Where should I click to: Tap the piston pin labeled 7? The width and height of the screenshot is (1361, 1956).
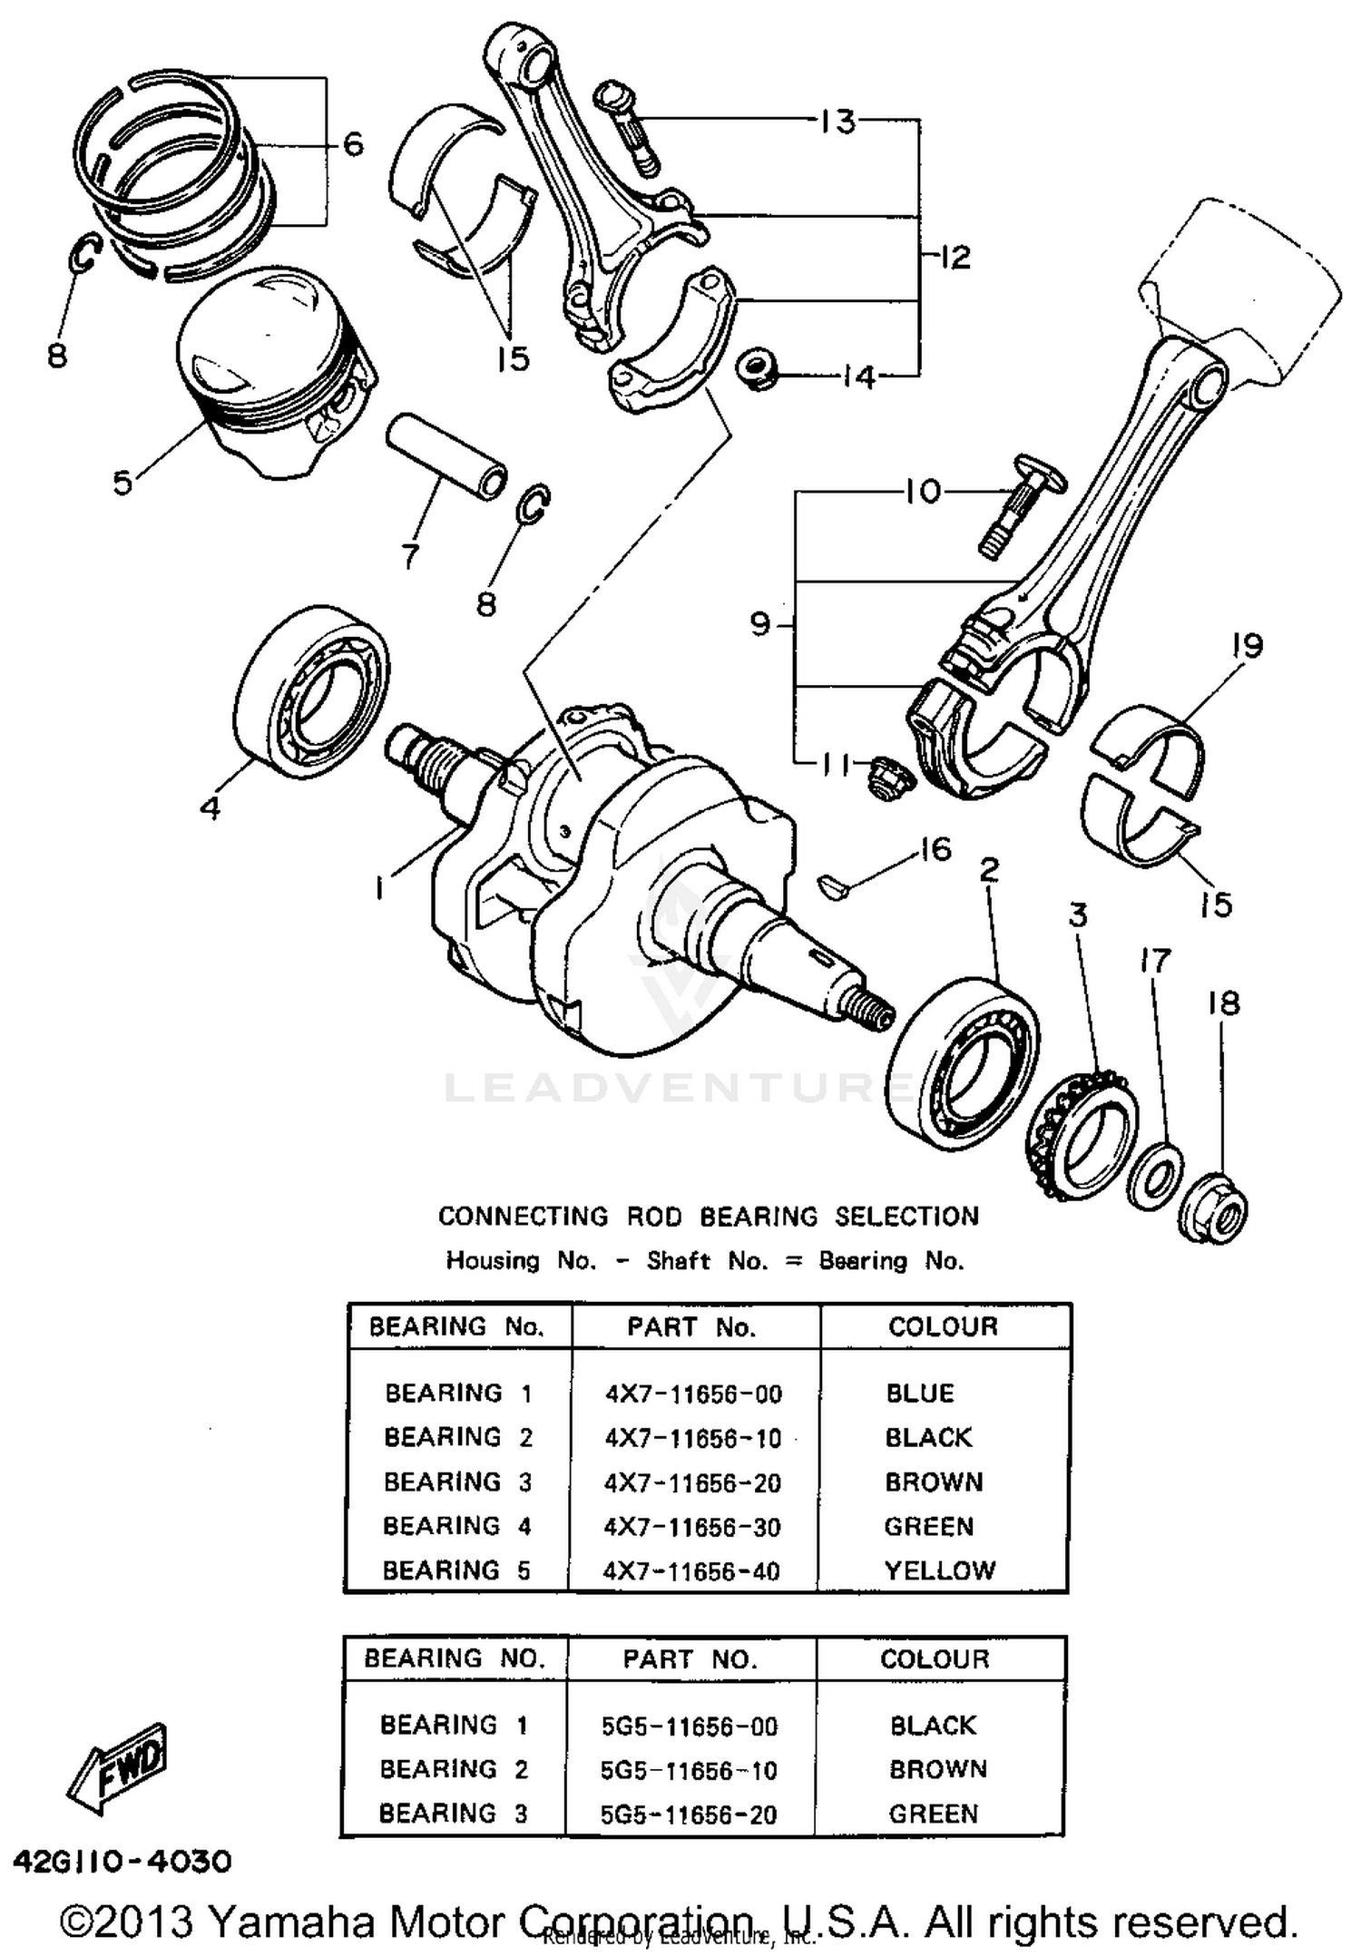[446, 456]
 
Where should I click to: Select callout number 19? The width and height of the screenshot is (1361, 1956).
[1248, 646]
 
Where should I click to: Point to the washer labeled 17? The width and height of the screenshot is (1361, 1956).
[1154, 1177]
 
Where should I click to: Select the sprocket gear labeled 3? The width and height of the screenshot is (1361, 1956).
[1081, 1134]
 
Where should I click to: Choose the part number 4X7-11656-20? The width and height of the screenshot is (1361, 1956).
[692, 1482]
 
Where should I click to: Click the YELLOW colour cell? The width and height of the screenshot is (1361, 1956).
[940, 1570]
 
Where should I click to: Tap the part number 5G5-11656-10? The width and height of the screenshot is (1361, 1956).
[690, 1769]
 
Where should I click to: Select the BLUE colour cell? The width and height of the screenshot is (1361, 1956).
[919, 1394]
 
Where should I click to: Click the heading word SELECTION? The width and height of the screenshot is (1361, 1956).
[906, 1216]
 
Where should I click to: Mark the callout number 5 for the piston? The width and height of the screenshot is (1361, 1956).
[122, 482]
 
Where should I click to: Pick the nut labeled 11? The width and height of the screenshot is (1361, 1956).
[879, 778]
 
